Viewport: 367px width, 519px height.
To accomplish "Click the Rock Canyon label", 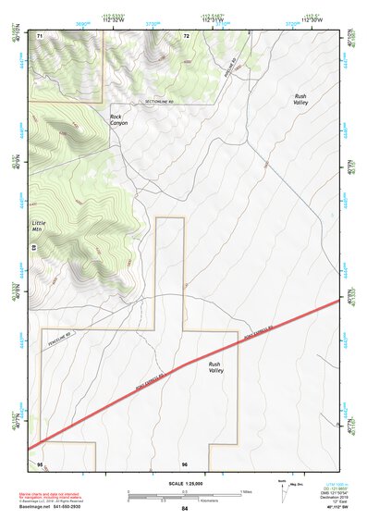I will [116, 120].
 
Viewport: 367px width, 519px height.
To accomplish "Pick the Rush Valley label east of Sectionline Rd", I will [300, 100].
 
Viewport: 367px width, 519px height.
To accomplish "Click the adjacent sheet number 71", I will [40, 35].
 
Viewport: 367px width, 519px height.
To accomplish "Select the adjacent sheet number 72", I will [186, 35].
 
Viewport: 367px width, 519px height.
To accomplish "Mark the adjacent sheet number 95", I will [40, 463].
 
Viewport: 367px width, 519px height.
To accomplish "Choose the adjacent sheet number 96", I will [185, 463].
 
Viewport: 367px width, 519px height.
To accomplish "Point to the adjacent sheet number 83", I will [33, 249].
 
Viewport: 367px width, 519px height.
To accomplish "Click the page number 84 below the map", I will [185, 509].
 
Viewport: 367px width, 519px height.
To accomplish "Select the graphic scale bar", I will [184, 491].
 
